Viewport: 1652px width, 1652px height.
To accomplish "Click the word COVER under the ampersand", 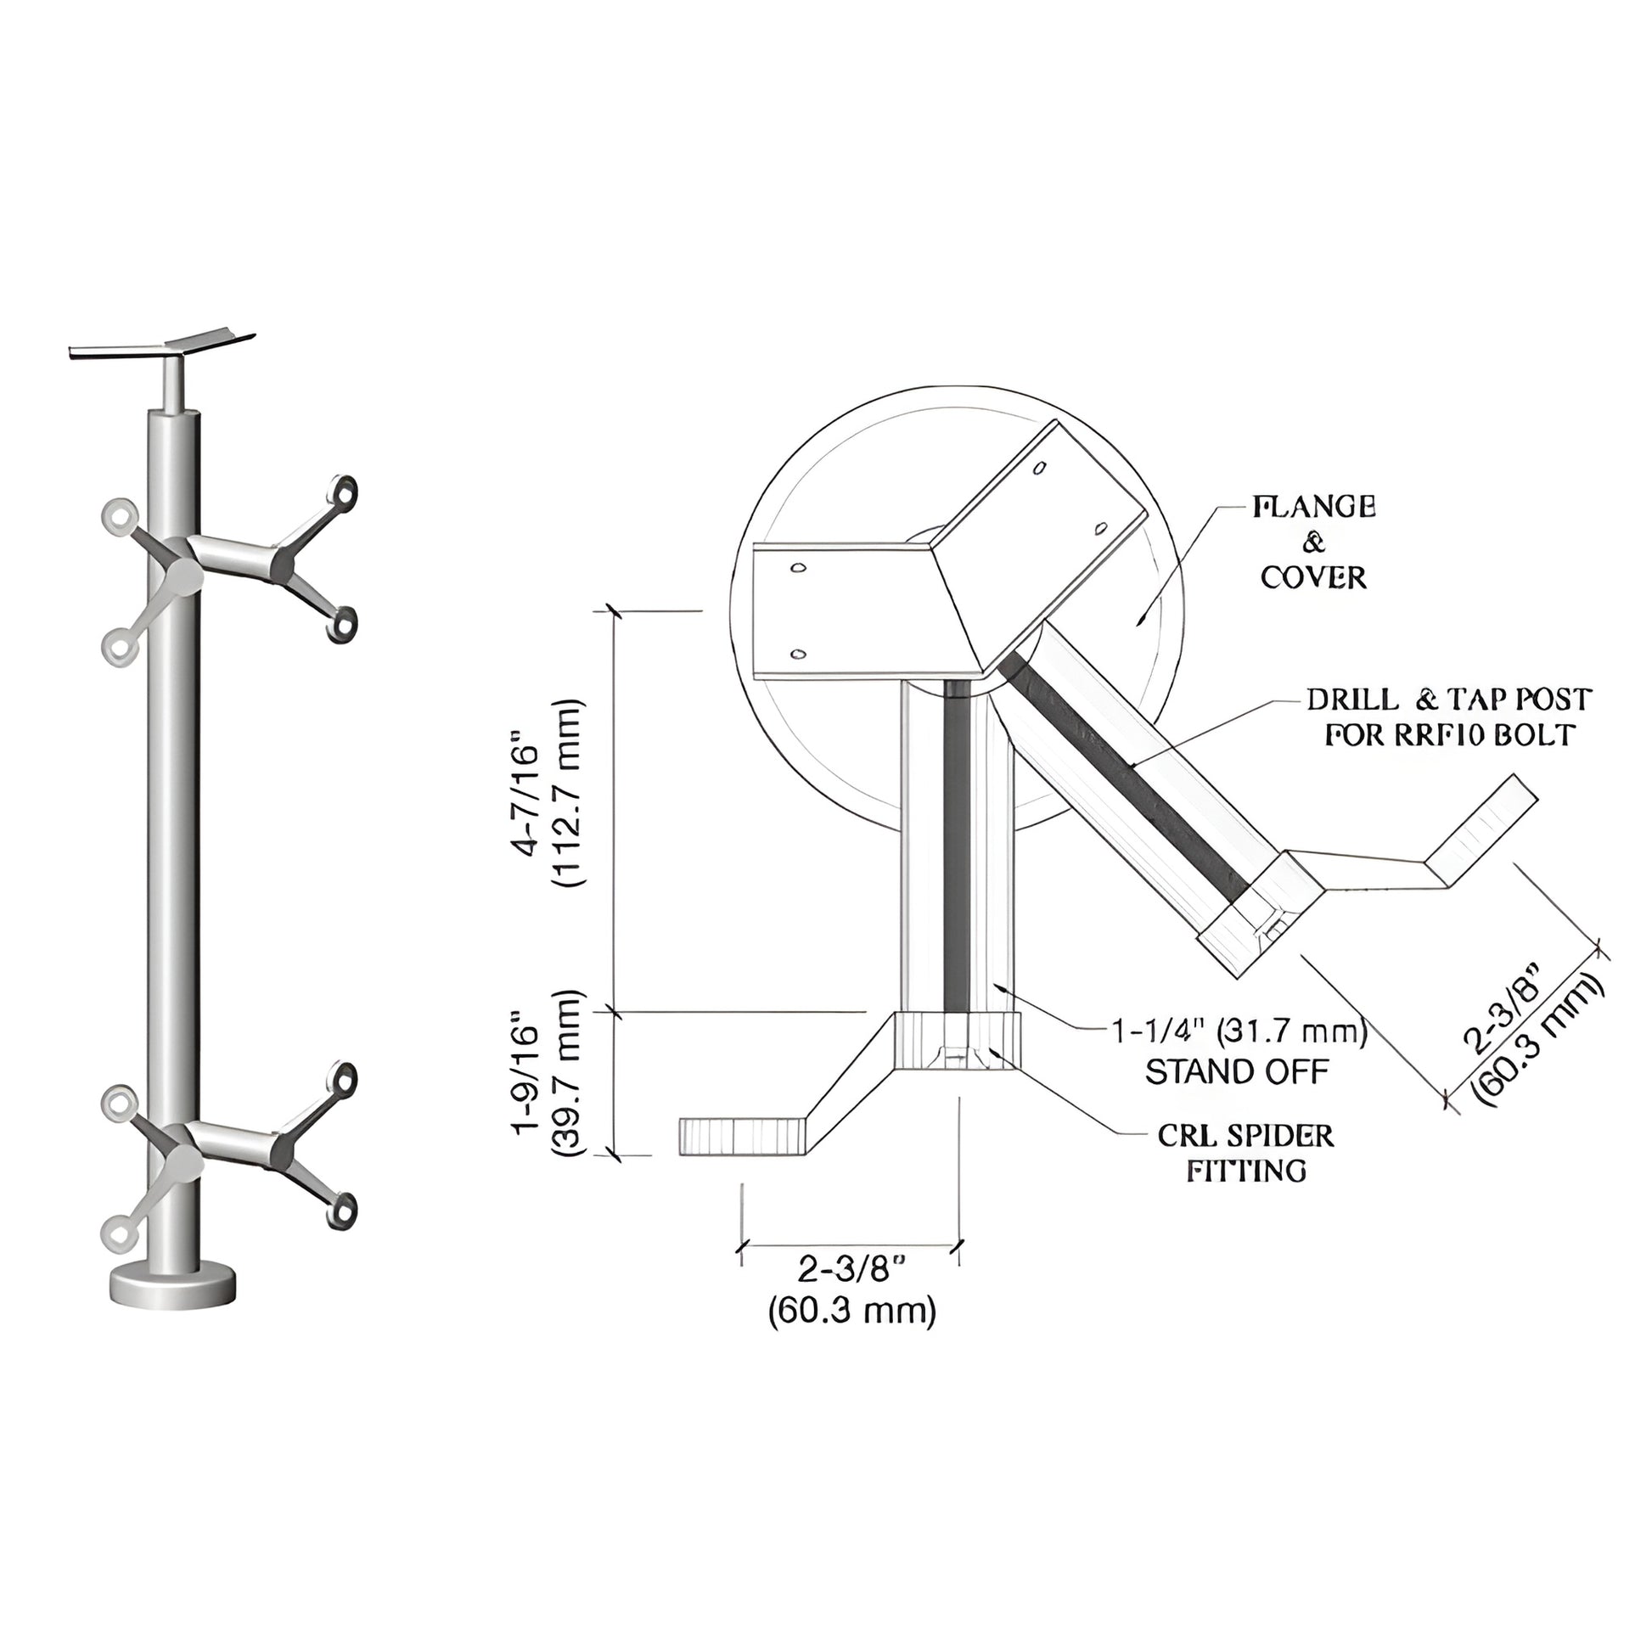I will coord(1313,578).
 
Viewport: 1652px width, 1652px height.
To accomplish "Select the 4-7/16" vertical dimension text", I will coord(527,801).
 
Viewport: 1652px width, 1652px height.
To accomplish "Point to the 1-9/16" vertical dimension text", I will coord(527,1074).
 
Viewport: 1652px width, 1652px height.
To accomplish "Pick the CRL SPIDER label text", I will coord(1246,1136).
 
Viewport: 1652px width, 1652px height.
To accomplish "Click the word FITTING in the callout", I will coord(1246,1171).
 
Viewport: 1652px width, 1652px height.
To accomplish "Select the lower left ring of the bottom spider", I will coord(118,1232).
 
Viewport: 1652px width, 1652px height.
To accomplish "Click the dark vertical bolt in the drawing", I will coord(957,846).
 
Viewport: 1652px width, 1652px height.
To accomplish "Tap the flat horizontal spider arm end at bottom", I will coord(742,1137).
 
